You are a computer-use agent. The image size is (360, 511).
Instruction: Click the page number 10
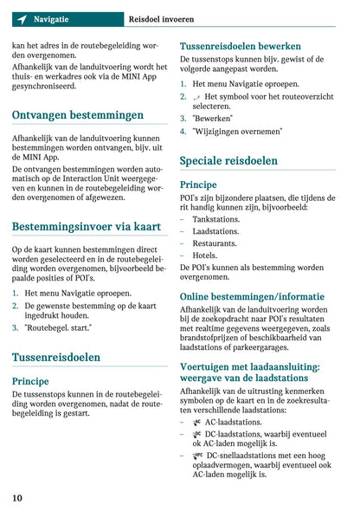pos(17,497)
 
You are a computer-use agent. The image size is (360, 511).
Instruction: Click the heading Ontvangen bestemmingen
pos(78,114)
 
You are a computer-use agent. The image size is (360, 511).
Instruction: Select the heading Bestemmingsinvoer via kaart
pos(87,227)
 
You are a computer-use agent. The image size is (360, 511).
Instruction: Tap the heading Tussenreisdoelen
pos(56,357)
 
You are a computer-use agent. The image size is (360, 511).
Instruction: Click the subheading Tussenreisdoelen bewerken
pos(240,46)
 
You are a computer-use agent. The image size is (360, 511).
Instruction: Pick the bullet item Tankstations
pos(216,220)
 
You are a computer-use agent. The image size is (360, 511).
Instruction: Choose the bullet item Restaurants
pos(215,244)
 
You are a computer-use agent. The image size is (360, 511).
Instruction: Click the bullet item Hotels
pos(205,256)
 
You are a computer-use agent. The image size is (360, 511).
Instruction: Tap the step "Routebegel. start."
pos(59,329)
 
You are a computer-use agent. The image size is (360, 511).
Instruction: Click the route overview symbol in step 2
pos(197,97)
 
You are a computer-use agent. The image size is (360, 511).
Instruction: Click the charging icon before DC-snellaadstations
pos(198,455)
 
